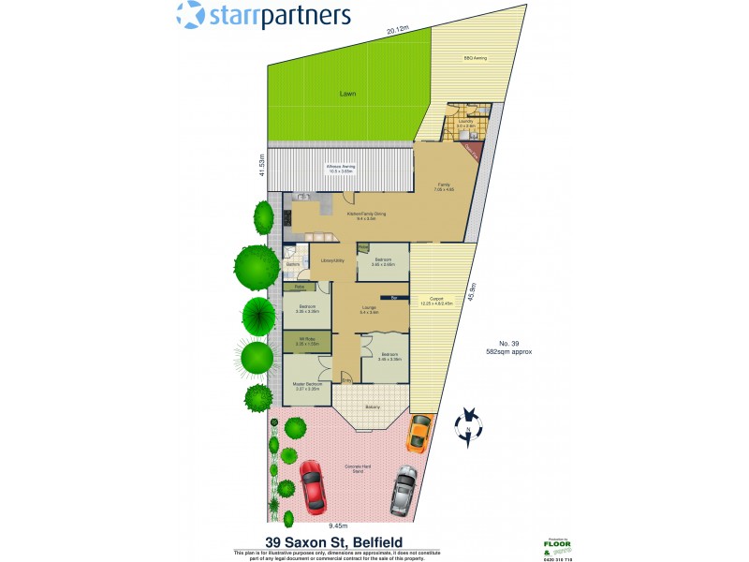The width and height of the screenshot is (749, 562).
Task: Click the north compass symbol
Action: point(467,425)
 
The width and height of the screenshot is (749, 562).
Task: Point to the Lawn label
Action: point(348,95)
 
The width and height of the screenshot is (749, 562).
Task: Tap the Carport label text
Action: point(436,300)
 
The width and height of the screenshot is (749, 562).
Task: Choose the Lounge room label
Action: point(369,310)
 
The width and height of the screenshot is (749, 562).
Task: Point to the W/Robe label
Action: point(305,339)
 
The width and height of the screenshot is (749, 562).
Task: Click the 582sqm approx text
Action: point(508,351)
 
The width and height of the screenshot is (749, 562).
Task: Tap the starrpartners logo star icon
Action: point(190,15)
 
